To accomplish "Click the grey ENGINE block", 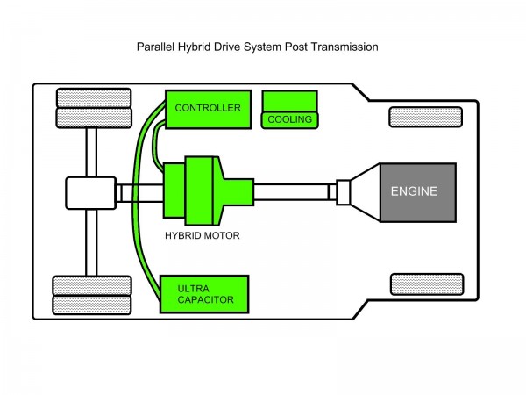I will [x=417, y=191].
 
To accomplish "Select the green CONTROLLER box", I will [x=207, y=108].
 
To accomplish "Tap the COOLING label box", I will [x=289, y=119].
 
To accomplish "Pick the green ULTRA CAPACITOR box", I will [x=204, y=293].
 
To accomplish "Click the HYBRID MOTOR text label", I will [x=203, y=235].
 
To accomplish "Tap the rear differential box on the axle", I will [x=90, y=192].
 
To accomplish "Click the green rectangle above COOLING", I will [x=290, y=100].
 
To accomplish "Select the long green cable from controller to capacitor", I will [x=139, y=202].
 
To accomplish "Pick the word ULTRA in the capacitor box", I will [x=193, y=287].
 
